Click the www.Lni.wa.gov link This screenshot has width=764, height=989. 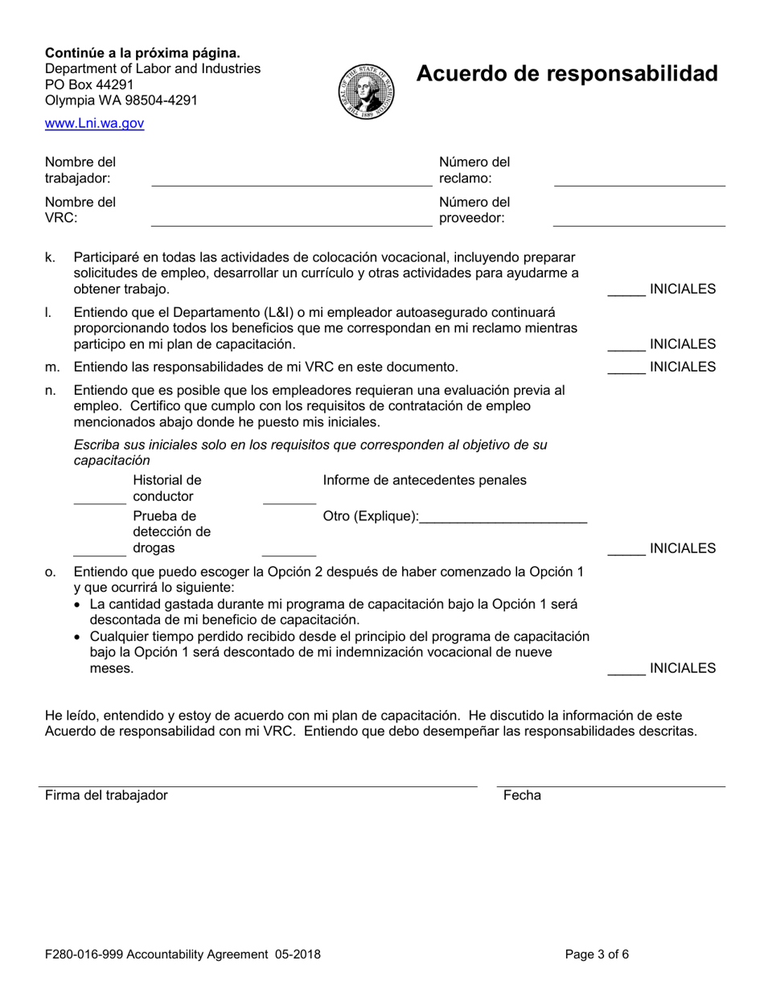point(94,124)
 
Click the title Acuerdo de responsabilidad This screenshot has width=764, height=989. point(566,74)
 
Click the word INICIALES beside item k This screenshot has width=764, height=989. point(682,289)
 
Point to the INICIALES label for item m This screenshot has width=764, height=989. point(682,367)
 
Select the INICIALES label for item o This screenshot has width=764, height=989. point(682,668)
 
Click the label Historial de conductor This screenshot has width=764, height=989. point(166,488)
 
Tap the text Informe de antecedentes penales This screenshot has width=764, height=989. point(425,481)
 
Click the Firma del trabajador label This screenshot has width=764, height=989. point(106,795)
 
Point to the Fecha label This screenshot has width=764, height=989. point(522,795)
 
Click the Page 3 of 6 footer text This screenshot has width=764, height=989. point(597,955)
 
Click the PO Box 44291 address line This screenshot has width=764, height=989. point(90,84)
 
